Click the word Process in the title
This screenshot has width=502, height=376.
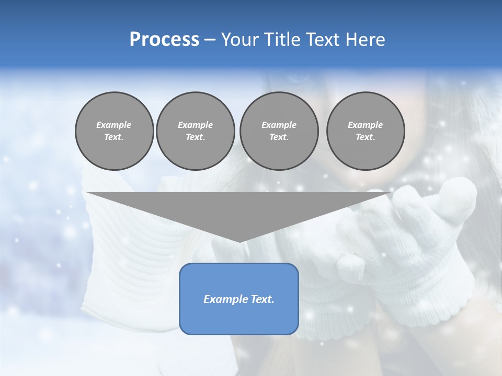[164, 40]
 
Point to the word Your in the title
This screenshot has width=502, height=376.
[241, 40]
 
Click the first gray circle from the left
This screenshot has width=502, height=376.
[114, 131]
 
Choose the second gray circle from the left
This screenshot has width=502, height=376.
[195, 131]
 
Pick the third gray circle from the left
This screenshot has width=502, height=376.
[279, 131]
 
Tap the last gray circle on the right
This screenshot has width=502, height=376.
[365, 131]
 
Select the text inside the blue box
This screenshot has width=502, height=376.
[239, 299]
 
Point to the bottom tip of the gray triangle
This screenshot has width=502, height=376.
[239, 241]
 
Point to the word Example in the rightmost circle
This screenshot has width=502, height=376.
[365, 125]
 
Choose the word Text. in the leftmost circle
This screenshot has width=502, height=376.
[114, 137]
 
